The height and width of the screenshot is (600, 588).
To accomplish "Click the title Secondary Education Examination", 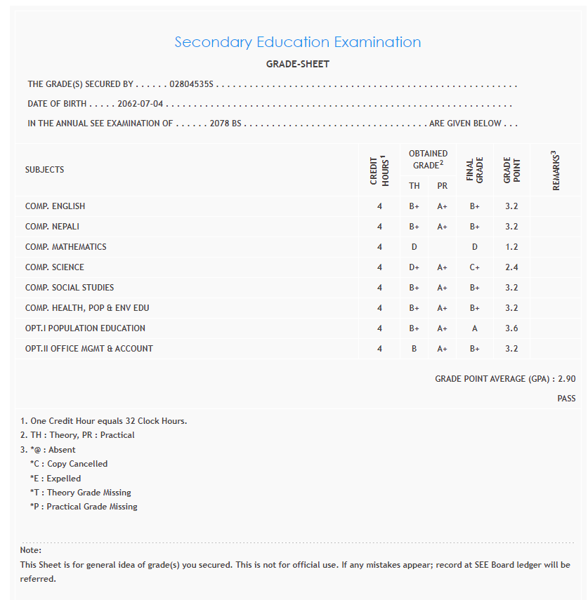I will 297,42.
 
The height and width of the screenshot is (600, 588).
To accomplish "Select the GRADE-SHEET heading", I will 297,64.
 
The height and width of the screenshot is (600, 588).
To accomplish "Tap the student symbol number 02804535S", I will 191,84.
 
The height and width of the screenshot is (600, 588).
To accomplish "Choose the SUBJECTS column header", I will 44,170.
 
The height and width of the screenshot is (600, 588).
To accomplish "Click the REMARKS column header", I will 556,170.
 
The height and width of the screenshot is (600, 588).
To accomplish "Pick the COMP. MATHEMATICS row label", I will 66,247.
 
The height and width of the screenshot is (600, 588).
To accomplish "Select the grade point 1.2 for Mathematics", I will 511,247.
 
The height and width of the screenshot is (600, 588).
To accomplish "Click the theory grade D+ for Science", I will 414,267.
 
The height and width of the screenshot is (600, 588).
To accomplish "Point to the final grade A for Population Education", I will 475,328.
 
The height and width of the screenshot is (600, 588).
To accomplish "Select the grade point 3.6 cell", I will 511,328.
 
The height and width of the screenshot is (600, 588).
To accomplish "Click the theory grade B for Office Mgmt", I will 414,349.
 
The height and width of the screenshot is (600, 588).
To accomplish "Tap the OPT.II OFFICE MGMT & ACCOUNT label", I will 89,349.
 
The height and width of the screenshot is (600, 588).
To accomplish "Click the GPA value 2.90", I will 566,379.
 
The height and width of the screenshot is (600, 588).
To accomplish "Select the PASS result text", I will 566,399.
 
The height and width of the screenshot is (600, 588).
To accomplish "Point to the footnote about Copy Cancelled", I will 69,464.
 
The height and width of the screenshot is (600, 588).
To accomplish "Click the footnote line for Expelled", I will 55,479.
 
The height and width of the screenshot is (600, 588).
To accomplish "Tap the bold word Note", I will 30,550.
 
